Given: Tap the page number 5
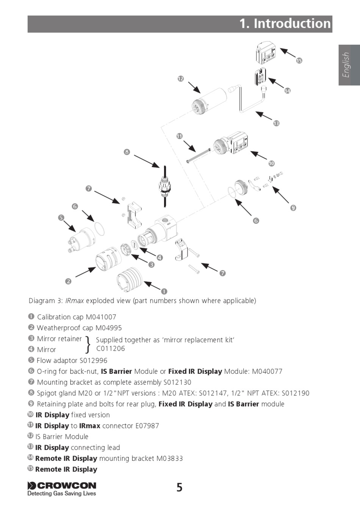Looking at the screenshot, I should (179, 487).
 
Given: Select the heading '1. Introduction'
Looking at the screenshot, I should (285, 23).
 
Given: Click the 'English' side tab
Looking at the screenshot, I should (346, 65).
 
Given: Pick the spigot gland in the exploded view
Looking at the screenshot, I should (165, 185).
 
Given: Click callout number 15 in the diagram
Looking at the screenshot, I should (299, 61).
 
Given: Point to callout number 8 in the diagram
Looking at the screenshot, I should (127, 152).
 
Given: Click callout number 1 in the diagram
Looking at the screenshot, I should (164, 291).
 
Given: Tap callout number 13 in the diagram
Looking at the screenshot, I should (276, 123).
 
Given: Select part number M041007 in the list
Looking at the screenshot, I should (101, 317).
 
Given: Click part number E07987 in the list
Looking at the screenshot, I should (147, 426).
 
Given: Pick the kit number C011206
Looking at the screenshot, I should (110, 348).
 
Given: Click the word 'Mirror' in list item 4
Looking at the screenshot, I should (46, 350).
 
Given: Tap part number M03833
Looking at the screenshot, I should (169, 458).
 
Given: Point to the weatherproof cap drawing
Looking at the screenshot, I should (108, 259).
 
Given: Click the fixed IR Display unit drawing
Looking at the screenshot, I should (231, 144).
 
